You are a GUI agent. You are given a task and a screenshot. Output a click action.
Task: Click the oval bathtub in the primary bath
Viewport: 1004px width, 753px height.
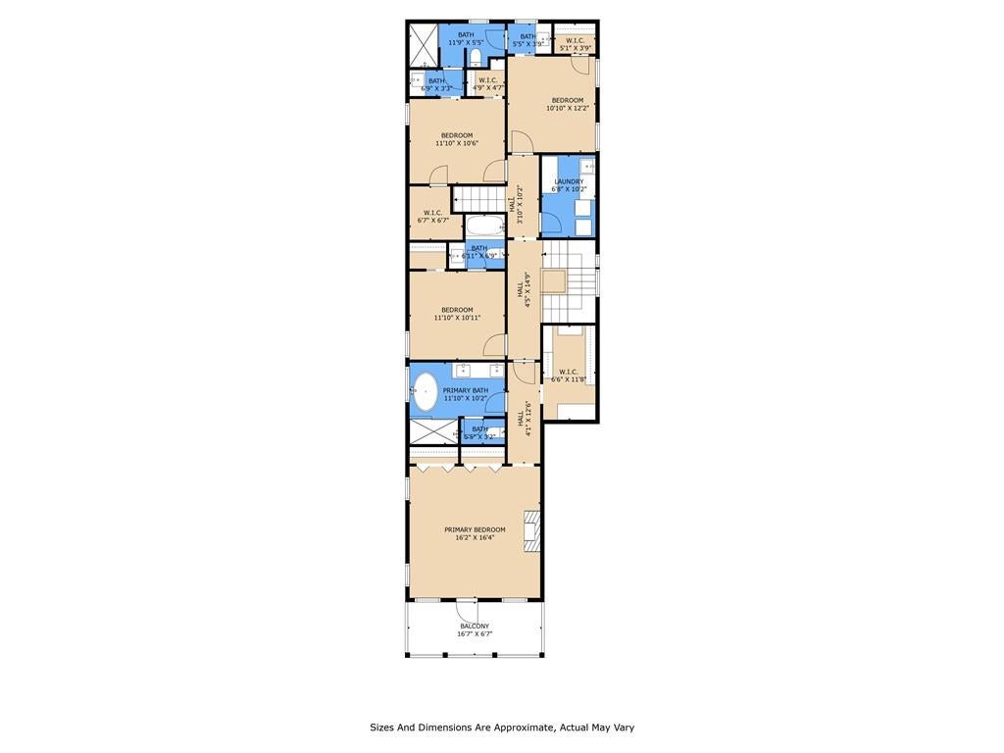[x=425, y=391]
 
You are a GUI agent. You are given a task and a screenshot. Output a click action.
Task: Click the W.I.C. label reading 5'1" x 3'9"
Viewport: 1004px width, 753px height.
[x=575, y=44]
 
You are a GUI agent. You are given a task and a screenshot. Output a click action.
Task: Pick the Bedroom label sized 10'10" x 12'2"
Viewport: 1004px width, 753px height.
[x=568, y=104]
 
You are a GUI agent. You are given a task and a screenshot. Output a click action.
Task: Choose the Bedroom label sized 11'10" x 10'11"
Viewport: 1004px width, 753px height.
[x=457, y=314]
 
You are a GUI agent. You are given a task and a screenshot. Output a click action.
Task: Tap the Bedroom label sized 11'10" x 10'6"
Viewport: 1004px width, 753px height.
[x=457, y=139]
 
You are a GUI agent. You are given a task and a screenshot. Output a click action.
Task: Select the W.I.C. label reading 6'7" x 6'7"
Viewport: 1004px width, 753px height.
[x=433, y=217]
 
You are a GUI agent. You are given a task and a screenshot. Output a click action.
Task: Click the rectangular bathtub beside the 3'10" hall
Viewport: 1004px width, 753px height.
[x=484, y=225]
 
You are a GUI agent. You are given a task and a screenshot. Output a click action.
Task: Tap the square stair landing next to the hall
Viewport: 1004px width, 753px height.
[x=555, y=281]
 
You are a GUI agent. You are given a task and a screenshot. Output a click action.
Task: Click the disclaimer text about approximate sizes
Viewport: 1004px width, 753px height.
[x=502, y=728]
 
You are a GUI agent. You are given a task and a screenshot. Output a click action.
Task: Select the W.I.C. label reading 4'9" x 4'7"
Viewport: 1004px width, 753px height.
[x=487, y=84]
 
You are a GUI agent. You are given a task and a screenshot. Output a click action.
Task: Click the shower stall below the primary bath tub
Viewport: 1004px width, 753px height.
[x=430, y=431]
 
